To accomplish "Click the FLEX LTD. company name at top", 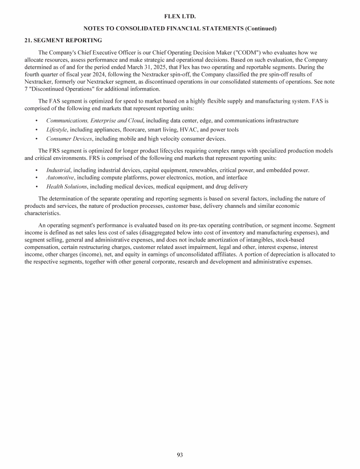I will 180,16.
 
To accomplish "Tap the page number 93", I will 180,454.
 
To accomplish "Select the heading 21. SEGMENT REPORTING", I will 63,40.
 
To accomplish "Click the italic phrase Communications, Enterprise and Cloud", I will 95,121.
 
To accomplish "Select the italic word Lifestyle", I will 57,129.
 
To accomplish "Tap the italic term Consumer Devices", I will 69,138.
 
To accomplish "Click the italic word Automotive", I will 60,177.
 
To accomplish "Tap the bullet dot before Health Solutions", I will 37,187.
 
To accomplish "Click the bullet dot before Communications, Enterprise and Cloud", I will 37,121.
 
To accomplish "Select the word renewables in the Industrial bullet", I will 212,170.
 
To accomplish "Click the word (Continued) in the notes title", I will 261,29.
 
